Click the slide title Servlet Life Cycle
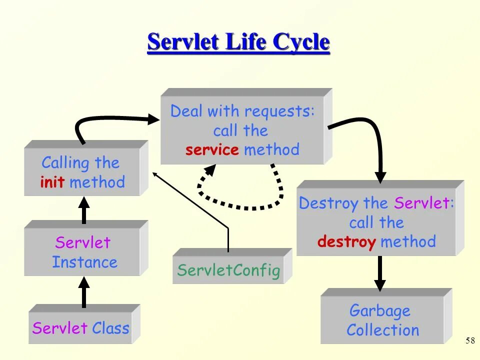coord(238,42)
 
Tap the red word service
coord(212,150)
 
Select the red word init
coord(52,182)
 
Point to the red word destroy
coord(346,242)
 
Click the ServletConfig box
coord(228,270)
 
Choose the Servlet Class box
coord(80,328)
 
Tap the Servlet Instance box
coord(82,252)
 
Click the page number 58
coord(470,340)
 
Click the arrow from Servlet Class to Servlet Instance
coord(84,292)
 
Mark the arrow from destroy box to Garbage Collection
coord(380,272)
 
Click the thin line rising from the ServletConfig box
coord(227,235)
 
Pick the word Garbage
coord(380,310)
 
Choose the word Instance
coord(85,262)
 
